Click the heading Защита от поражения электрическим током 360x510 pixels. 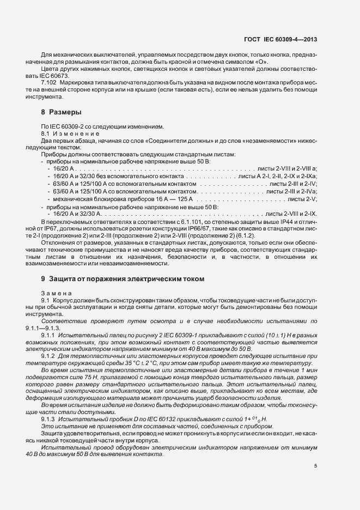pyautogui.click(x=126, y=278)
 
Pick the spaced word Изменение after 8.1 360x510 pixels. pyautogui.click(x=76, y=133)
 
